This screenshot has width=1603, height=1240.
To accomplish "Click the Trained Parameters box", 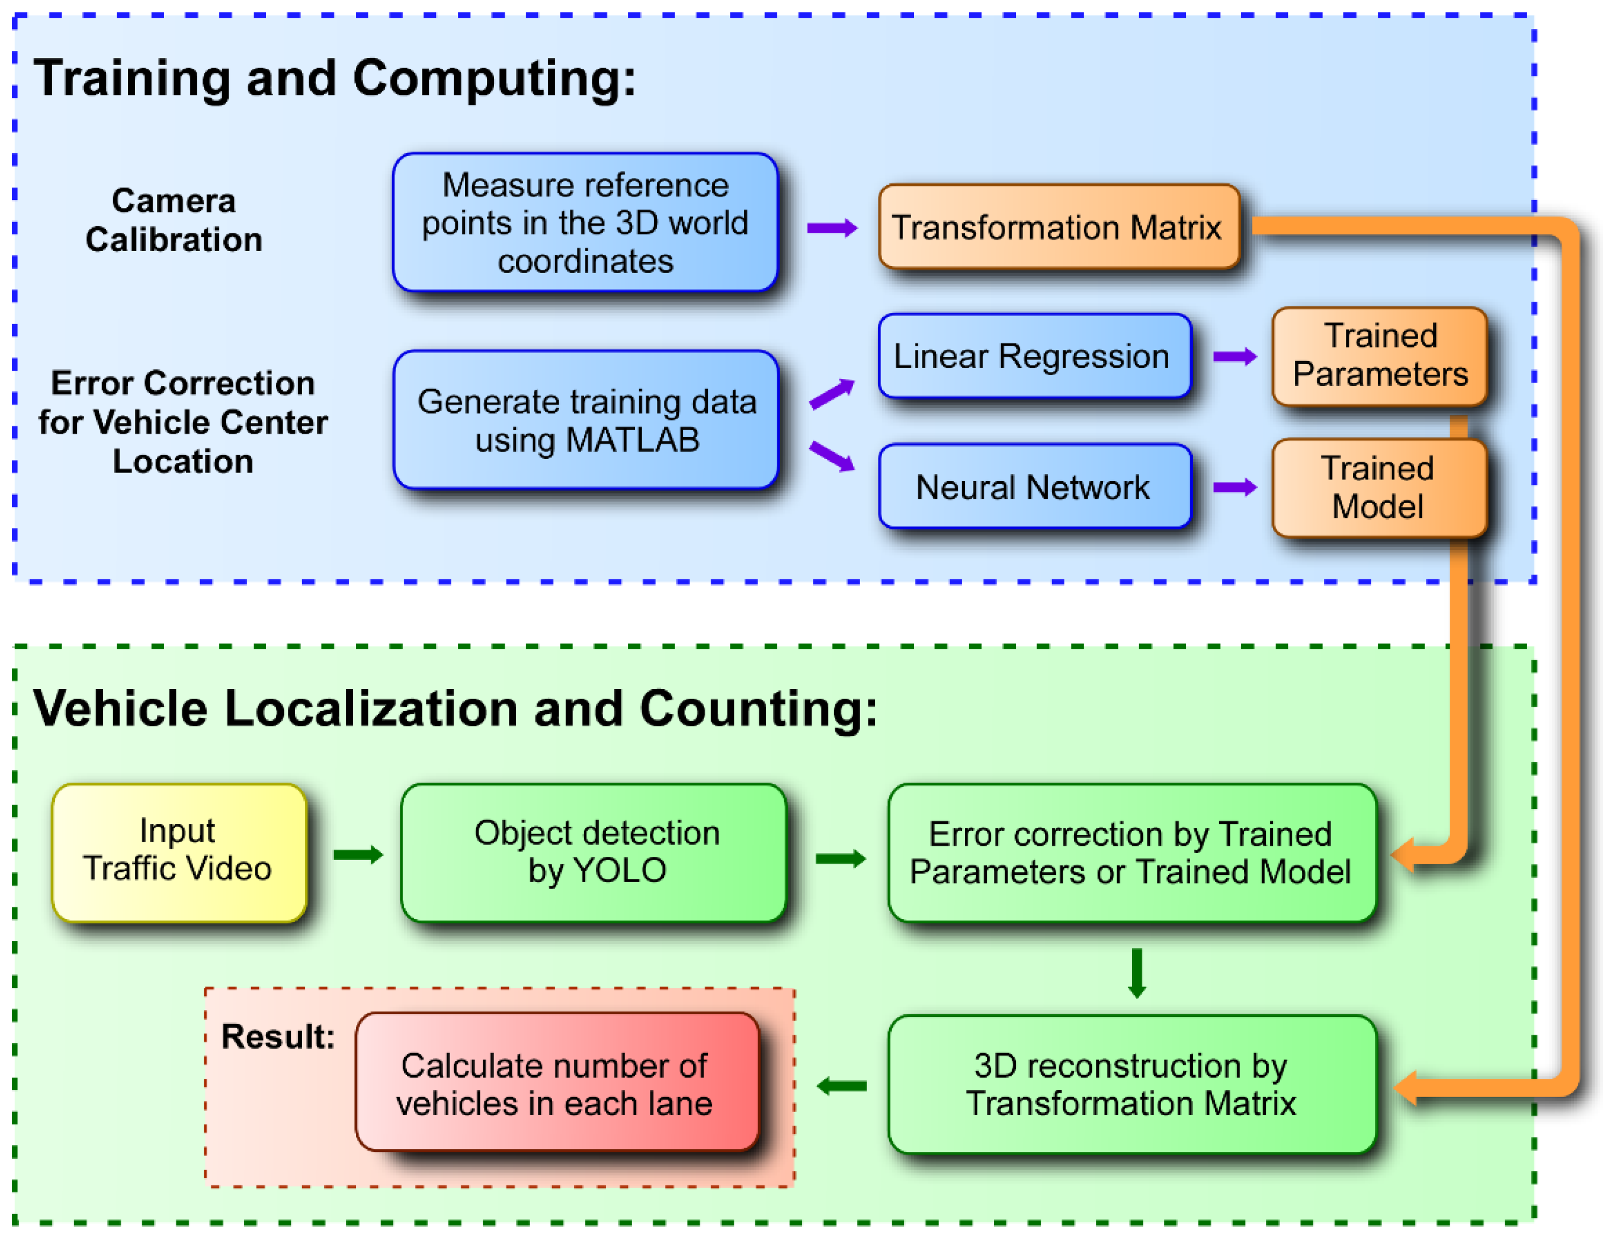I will click(1379, 356).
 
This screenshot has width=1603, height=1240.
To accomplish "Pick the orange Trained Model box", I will click(1379, 488).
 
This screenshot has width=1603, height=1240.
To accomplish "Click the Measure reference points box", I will click(585, 223).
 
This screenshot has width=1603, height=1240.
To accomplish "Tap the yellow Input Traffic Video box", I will click(178, 852).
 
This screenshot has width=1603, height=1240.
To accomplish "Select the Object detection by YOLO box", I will click(595, 852).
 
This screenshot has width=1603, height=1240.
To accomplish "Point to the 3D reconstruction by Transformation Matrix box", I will click(1131, 1084).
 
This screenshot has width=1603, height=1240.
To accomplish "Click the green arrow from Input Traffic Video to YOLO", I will click(357, 854).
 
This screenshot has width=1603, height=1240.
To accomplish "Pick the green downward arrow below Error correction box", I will click(1137, 973).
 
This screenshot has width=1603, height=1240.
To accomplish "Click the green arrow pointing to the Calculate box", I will click(841, 1085).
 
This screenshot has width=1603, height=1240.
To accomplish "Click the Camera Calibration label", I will click(174, 220).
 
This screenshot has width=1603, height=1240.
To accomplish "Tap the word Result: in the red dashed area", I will click(277, 1037).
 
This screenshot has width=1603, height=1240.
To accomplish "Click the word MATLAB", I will click(632, 440).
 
